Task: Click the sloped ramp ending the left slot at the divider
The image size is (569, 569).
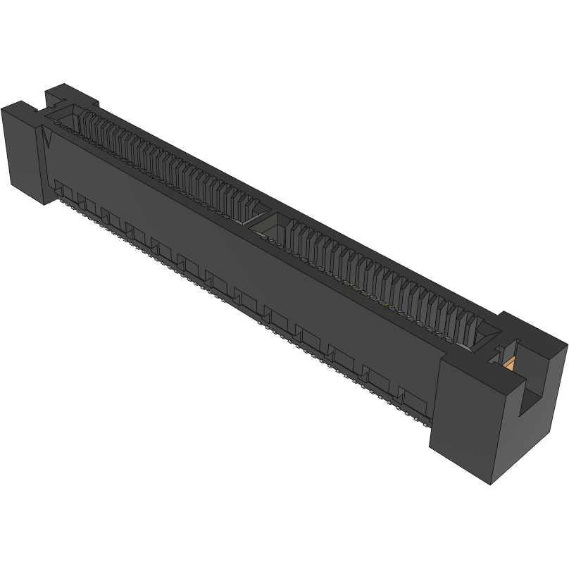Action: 256,208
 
